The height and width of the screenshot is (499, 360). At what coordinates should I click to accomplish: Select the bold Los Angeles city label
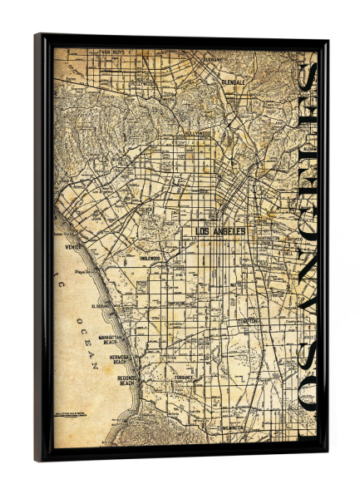point(220,231)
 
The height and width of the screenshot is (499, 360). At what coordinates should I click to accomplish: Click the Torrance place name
point(184,377)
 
